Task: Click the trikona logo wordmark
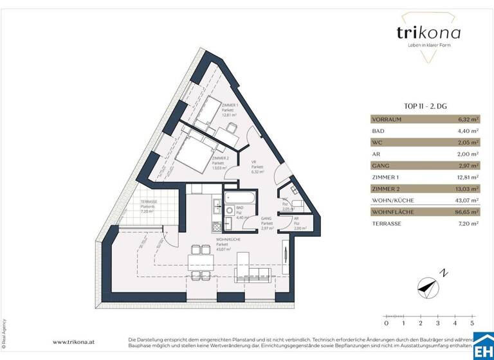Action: pyautogui.click(x=420, y=33)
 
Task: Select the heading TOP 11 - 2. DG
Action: pyautogui.click(x=425, y=107)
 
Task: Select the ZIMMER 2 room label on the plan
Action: pyautogui.click(x=221, y=161)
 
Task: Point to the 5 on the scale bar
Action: pyautogui.click(x=471, y=323)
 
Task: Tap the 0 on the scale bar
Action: pyautogui.click(x=386, y=323)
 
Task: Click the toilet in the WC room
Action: pyautogui.click(x=295, y=205)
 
